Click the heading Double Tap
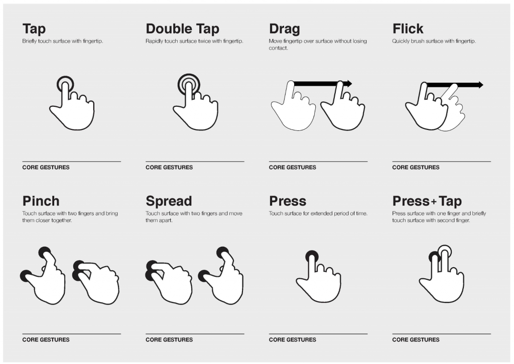[x=182, y=29]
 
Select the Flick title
[x=408, y=29]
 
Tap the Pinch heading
[x=41, y=201]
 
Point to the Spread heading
[x=169, y=202]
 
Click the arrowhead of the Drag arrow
[x=349, y=83]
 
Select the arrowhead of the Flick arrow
[x=480, y=85]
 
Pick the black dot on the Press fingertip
[x=312, y=256]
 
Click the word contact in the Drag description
[x=278, y=48]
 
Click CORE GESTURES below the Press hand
[x=293, y=339]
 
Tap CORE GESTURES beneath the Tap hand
[x=46, y=167]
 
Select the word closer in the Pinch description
[x=43, y=220]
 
